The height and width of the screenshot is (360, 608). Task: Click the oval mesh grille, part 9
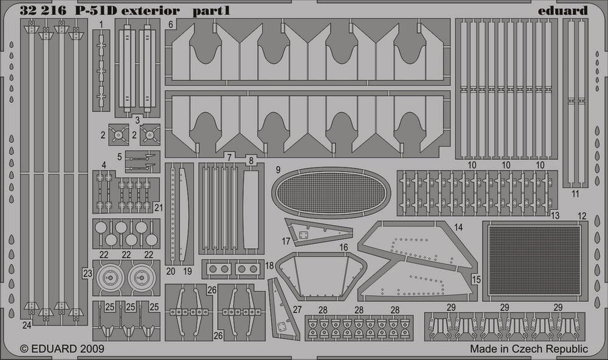[331, 193]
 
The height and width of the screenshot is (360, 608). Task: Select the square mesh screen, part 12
[534, 260]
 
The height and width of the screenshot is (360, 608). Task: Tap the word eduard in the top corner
[562, 10]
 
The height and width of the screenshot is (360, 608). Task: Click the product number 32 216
[43, 11]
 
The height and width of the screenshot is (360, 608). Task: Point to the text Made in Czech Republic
[529, 349]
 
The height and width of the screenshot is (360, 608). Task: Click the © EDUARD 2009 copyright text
[62, 349]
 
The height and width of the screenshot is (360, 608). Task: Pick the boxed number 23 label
[88, 274]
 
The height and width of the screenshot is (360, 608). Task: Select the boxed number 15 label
[476, 279]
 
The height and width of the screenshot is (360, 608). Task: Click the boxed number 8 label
[251, 160]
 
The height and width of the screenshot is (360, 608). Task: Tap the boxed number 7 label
[230, 157]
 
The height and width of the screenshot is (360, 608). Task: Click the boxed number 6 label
[171, 24]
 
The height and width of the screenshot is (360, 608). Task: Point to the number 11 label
[575, 193]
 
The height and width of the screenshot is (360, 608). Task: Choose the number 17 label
[286, 241]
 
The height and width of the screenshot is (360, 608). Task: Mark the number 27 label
[297, 310]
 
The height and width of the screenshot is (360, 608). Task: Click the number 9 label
[278, 170]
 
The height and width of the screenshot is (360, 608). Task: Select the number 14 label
[458, 227]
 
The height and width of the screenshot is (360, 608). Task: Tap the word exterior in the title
[150, 11]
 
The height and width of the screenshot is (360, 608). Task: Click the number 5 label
[119, 157]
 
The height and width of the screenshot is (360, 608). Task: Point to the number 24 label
[26, 325]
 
